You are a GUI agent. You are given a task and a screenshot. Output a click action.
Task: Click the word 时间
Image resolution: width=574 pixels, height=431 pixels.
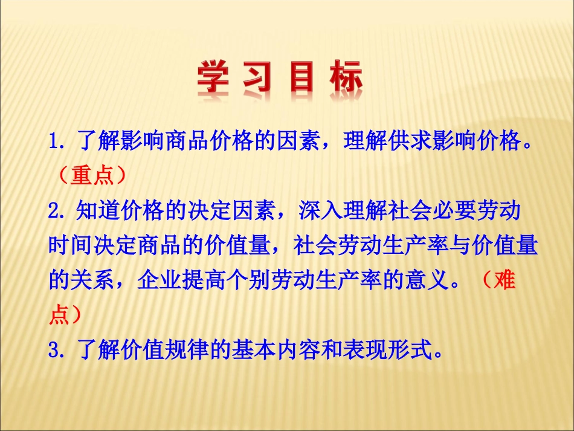[x=70, y=247]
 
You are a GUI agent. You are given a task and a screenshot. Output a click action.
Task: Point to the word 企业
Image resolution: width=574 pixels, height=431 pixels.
[x=158, y=281]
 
